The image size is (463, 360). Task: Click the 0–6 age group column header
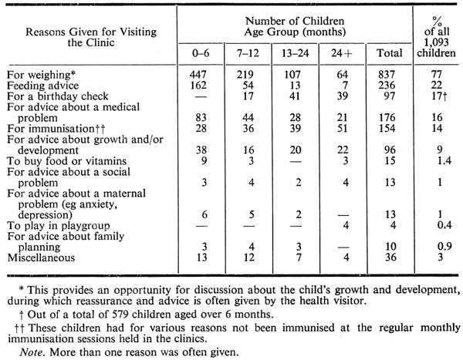pyautogui.click(x=201, y=53)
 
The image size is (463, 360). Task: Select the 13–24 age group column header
pyautogui.click(x=296, y=53)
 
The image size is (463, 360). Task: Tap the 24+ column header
pyautogui.click(x=342, y=53)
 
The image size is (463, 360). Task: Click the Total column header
pyautogui.click(x=390, y=53)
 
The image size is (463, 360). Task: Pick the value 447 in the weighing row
pyautogui.click(x=198, y=75)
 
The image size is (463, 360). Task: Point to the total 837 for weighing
pyautogui.click(x=387, y=75)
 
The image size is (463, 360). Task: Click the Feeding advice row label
pyautogui.click(x=42, y=86)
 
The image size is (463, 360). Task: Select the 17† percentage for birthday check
pyautogui.click(x=439, y=96)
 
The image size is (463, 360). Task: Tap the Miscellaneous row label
pyautogui.click(x=41, y=257)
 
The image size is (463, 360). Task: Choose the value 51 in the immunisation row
pyautogui.click(x=343, y=129)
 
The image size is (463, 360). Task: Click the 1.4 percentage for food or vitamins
pyautogui.click(x=444, y=160)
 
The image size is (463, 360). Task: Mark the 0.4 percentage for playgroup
pyautogui.click(x=444, y=225)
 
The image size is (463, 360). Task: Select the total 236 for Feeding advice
pyautogui.click(x=387, y=86)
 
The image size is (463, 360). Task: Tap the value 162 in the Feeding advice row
pyautogui.click(x=198, y=86)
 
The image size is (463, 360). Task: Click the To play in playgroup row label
pyautogui.click(x=59, y=226)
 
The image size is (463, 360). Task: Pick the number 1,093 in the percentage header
pyautogui.click(x=436, y=42)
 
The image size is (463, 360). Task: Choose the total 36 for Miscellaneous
pyautogui.click(x=390, y=257)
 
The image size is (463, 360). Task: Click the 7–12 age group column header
pyautogui.click(x=248, y=53)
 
